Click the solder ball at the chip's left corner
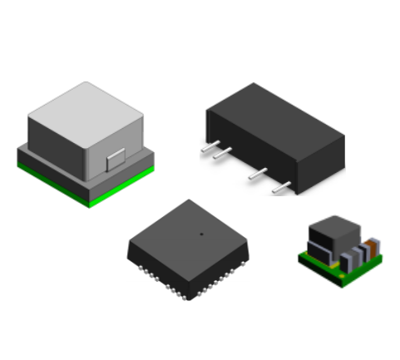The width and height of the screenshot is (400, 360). pos(132,255)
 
